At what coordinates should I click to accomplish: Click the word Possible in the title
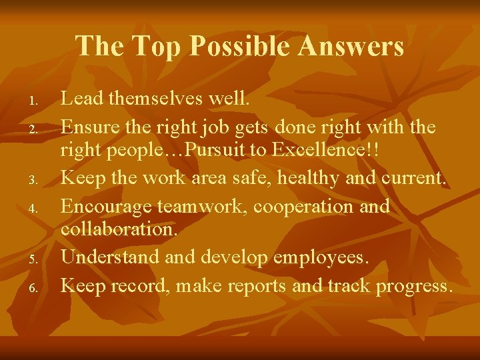click(x=243, y=47)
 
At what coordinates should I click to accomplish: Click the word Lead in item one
click(x=81, y=99)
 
